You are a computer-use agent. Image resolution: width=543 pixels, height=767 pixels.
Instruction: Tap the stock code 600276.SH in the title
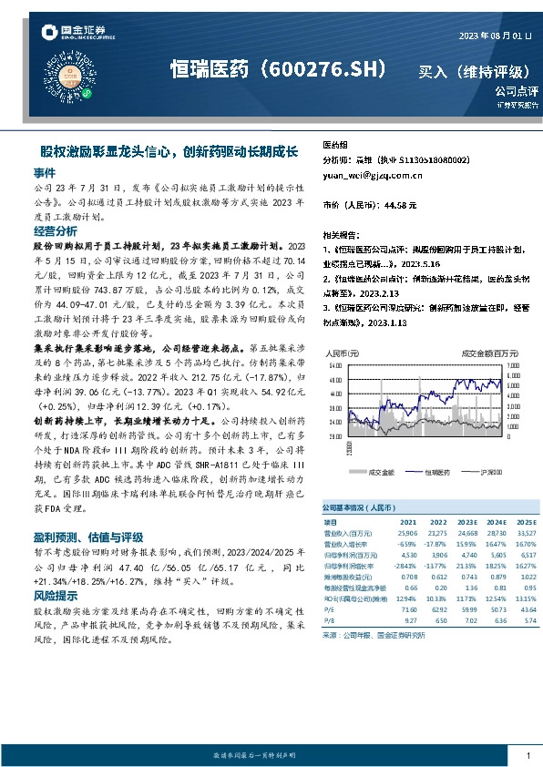pos(323,70)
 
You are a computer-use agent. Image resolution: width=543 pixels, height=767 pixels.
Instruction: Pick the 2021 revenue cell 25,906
pos(406,532)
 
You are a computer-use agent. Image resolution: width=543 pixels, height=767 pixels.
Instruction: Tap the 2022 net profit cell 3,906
pos(438,554)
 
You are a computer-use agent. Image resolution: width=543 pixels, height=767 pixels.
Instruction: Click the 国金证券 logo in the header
pos(76,35)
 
